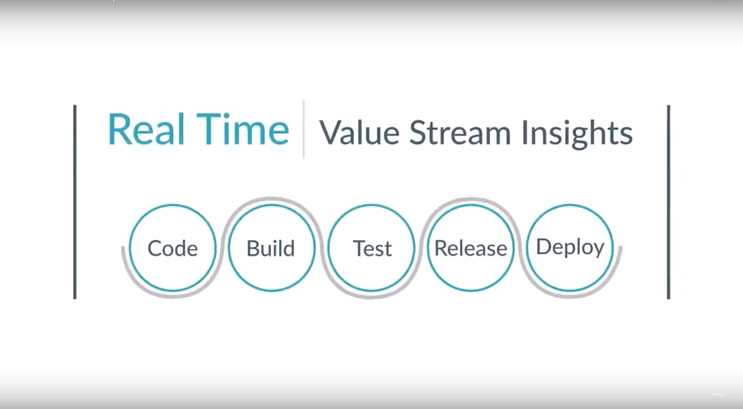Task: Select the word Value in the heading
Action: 359,132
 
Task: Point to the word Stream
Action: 460,132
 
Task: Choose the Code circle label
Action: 172,248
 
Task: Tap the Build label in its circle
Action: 271,248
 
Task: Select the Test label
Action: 372,248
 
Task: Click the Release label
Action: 471,248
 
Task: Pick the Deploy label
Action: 570,248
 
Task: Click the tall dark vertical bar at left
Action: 75,202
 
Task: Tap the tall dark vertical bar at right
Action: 668,202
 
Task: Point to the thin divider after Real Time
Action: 303,129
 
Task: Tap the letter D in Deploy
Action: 544,246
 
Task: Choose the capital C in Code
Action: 155,248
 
